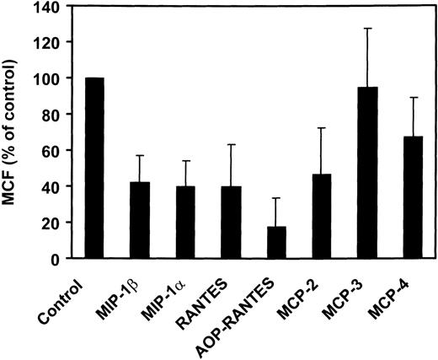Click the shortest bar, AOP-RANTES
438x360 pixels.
coord(275,243)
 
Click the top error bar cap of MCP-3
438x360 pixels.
coord(366,29)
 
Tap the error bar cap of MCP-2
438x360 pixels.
coord(321,128)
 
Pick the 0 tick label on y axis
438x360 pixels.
coord(64,259)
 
